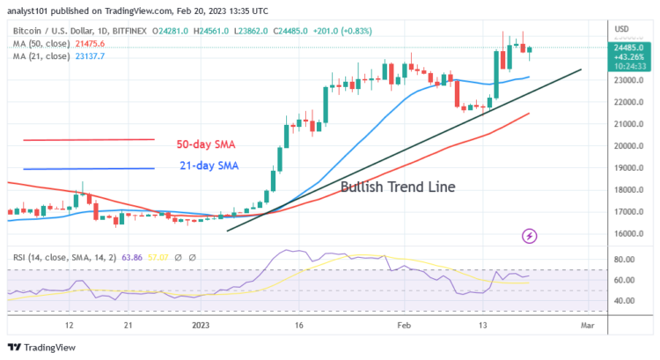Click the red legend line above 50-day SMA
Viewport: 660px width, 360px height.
click(x=89, y=139)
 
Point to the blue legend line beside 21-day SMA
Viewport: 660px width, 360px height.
click(x=89, y=169)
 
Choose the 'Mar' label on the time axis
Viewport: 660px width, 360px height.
click(x=588, y=325)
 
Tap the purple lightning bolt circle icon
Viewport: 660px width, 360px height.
click(x=530, y=236)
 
